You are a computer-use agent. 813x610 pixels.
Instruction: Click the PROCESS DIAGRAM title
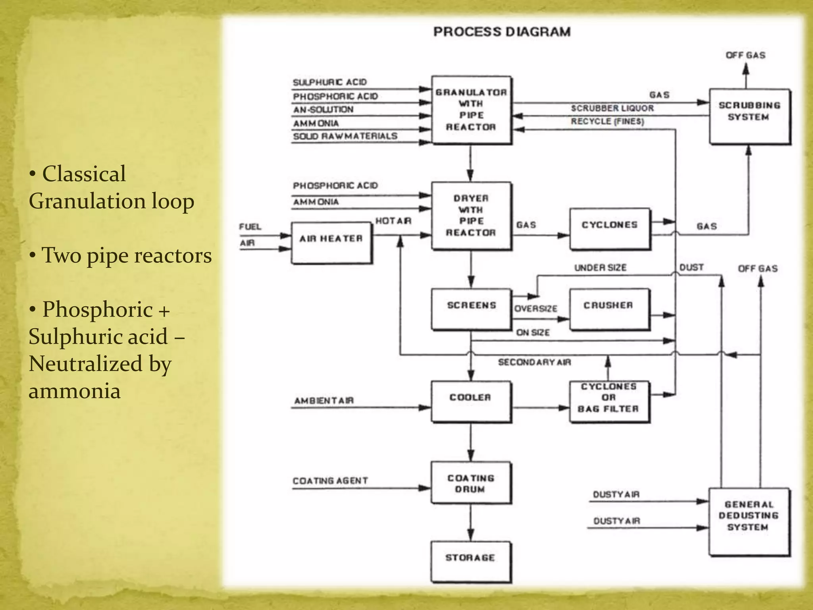502,32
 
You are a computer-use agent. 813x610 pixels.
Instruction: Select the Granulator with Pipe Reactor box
471,110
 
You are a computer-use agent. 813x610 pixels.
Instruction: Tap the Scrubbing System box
749,116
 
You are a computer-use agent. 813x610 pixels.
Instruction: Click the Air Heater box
331,243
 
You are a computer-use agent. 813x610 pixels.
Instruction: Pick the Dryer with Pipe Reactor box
471,216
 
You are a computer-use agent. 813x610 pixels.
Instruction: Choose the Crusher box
609,309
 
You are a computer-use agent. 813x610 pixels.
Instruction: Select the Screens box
471,309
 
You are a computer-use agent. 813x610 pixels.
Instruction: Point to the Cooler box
471,402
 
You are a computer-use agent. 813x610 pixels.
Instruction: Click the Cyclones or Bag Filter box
609,402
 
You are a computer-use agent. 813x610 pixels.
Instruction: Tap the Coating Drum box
471,483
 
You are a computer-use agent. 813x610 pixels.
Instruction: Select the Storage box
471,562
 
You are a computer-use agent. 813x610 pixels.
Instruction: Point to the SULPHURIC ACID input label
330,82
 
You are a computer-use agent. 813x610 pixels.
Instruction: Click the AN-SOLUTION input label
323,109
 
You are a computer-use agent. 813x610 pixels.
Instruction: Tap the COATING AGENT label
330,481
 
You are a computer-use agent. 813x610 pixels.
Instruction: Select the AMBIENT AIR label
324,400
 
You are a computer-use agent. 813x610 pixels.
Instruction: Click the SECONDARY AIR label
534,362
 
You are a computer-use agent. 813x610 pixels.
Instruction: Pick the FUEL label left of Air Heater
250,227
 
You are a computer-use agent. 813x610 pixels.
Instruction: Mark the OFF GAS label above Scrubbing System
746,55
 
